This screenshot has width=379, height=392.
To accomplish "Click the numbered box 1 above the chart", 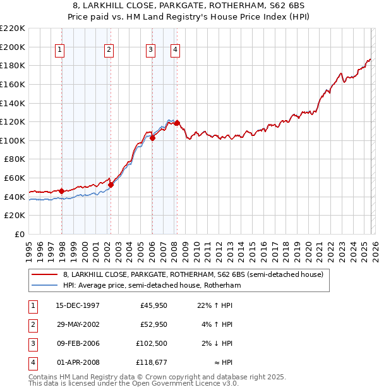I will point(59,50).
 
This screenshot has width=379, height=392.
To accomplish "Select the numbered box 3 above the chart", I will point(151,50).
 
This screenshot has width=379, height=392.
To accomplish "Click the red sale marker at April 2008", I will point(177,123).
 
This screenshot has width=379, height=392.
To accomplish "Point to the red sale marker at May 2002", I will point(111,185).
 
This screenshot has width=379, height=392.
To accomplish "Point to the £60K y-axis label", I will point(15,178).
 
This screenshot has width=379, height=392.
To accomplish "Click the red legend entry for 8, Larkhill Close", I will point(193,274).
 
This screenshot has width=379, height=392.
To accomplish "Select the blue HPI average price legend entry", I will point(152,286).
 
